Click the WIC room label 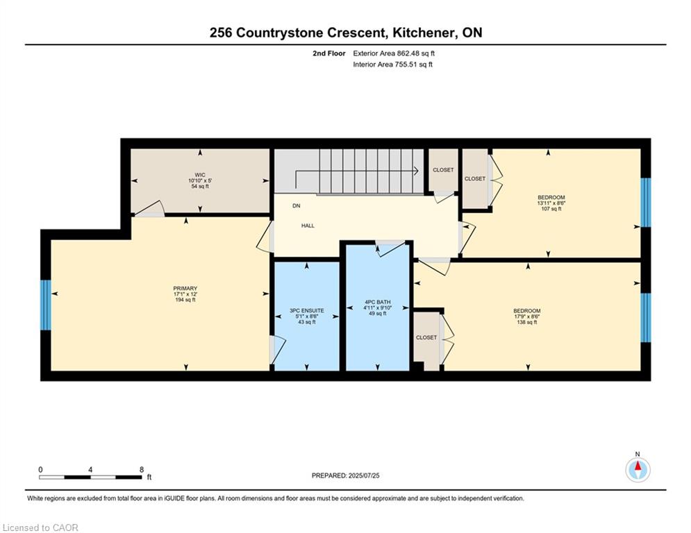(200, 175)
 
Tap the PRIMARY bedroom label (185, 289)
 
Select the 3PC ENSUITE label (307, 310)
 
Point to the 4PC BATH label (378, 302)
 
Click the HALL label (308, 226)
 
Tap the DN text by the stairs (297, 205)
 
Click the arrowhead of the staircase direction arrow (416, 171)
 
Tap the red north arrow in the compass (638, 466)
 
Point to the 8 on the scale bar (142, 470)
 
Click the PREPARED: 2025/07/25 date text (346, 475)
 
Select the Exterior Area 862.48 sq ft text (394, 53)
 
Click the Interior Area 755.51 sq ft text (392, 65)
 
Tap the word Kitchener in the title (423, 33)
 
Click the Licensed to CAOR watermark (40, 527)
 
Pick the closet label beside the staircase (443, 170)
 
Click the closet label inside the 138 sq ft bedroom (426, 337)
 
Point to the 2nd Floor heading (329, 53)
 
